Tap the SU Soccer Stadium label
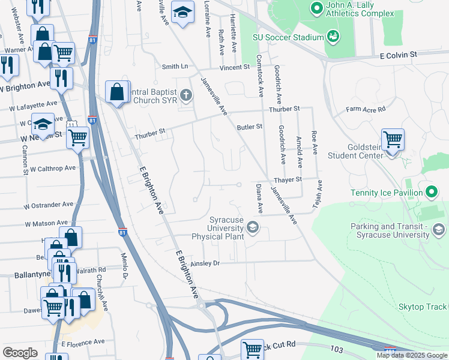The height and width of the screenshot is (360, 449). click(288, 37)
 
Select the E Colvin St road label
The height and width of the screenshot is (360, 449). click(398, 55)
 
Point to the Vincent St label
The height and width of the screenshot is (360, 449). click(234, 67)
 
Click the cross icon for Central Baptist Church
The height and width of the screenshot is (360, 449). click(186, 95)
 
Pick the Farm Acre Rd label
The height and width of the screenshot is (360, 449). click(366, 109)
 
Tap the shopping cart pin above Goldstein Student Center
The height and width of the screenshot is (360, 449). click(392, 140)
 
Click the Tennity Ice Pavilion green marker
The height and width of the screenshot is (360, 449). click(430, 193)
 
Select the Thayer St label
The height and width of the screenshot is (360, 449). click(287, 179)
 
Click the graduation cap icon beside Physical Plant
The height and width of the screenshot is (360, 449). click(253, 226)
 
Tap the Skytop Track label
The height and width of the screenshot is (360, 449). click(423, 307)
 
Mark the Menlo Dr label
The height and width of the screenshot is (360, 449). click(125, 267)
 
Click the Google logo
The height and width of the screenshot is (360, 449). click(20, 353)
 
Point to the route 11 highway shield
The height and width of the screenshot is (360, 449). click(70, 124)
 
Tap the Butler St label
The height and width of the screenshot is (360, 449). click(250, 127)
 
